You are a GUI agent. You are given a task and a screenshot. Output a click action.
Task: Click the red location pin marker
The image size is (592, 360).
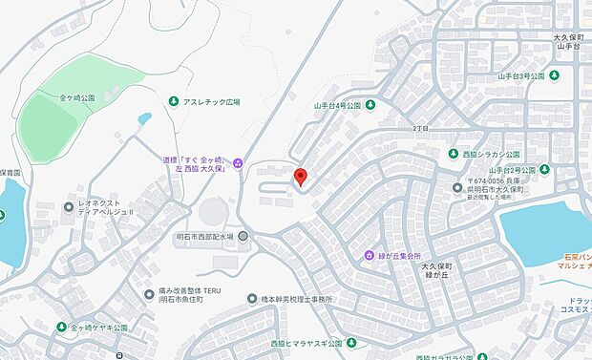[300, 176]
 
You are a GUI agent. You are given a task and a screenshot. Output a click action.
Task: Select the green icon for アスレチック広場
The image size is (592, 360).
[174, 101]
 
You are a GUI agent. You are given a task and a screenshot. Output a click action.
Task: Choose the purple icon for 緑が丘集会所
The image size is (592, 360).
[369, 255]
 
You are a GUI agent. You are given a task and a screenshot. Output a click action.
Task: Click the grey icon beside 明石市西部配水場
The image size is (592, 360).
[243, 236]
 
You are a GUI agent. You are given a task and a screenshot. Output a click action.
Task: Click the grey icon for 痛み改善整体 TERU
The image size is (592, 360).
[149, 293]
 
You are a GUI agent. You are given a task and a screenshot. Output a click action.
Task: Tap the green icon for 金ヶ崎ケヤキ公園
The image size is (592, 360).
[62, 328]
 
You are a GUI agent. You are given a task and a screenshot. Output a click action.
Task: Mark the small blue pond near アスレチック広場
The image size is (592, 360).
[144, 119]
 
